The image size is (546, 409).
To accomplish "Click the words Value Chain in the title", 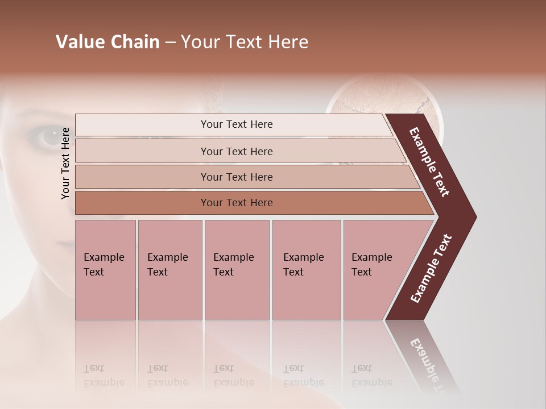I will pyautogui.click(x=107, y=42).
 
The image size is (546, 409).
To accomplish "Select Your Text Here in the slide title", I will pyautogui.click(x=245, y=42).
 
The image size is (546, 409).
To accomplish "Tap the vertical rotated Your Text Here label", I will pyautogui.click(x=65, y=163).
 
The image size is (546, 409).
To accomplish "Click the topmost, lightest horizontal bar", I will pyautogui.click(x=236, y=124).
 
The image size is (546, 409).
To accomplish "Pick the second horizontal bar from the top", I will pyautogui.click(x=236, y=151).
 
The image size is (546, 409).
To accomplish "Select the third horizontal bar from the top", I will pyautogui.click(x=236, y=177).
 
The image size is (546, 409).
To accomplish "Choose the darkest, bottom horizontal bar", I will pyautogui.click(x=236, y=203).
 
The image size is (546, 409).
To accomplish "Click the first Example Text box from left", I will pyautogui.click(x=105, y=269).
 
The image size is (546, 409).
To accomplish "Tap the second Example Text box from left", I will pyautogui.click(x=169, y=269).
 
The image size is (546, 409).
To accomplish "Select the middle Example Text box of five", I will pyautogui.click(x=236, y=269).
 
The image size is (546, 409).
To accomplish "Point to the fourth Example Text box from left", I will pyautogui.click(x=306, y=269).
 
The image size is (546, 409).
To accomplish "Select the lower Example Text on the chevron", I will pyautogui.click(x=431, y=269).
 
